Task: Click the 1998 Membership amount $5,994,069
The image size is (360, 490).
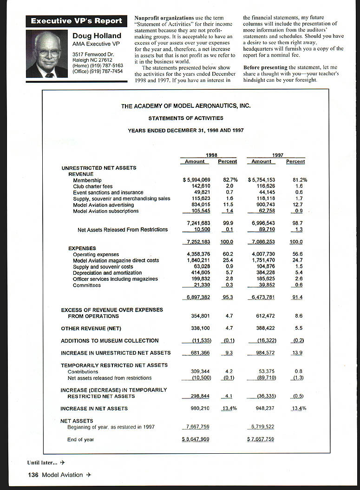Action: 196,180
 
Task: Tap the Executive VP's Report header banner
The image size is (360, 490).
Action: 77,21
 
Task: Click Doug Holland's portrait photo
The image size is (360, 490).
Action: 47,54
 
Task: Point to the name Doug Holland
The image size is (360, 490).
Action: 97,36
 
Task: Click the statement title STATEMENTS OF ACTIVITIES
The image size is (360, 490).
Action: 186,118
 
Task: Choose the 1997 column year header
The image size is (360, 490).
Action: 277,155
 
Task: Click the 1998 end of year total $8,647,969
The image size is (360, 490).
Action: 196,439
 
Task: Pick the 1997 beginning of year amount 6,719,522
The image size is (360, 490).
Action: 262,427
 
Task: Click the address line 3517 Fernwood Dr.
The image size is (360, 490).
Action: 93,55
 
